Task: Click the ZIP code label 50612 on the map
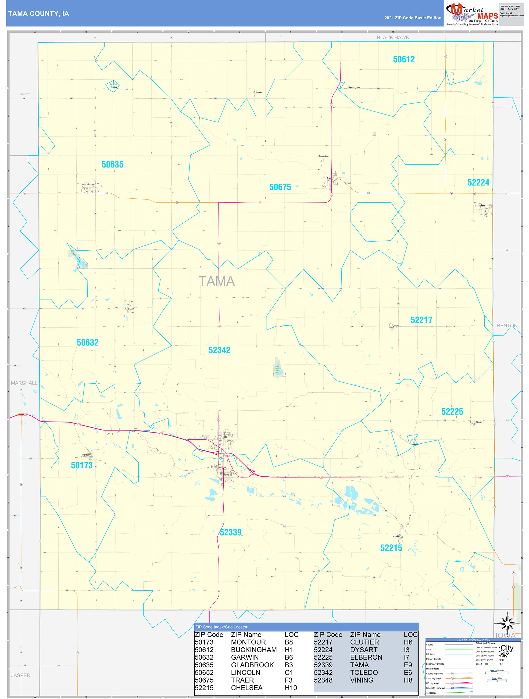click(403, 59)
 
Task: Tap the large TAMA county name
click(216, 281)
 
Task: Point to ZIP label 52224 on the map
click(478, 183)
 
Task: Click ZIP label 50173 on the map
click(81, 465)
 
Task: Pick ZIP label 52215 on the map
click(391, 548)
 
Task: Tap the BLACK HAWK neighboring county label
click(392, 38)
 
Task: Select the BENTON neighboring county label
click(507, 326)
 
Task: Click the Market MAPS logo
click(472, 14)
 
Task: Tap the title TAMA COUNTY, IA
click(38, 14)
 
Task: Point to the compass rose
click(507, 623)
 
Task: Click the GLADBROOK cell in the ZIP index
click(252, 665)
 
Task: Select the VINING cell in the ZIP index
click(362, 680)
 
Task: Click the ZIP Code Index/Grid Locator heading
click(221, 627)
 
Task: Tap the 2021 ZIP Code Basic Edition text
click(412, 18)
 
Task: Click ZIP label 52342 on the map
click(219, 350)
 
